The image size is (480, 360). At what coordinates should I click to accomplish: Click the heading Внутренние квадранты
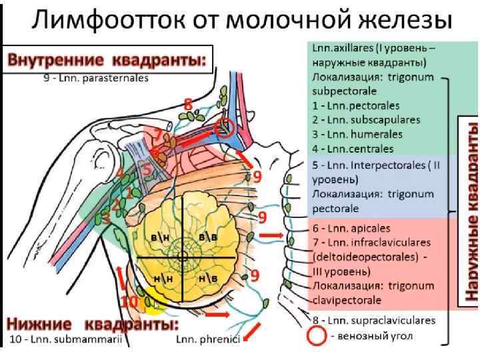[107, 61]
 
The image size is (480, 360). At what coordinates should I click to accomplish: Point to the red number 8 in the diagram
[188, 104]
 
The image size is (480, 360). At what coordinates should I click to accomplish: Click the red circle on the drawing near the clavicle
[226, 129]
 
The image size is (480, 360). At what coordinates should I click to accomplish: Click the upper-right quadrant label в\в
[209, 237]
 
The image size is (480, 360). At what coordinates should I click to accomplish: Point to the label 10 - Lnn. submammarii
[66, 341]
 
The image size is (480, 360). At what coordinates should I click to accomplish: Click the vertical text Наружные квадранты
[471, 210]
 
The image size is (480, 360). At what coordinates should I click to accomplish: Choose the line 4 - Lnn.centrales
[353, 148]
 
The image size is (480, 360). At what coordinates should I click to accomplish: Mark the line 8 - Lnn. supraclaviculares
[373, 320]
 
